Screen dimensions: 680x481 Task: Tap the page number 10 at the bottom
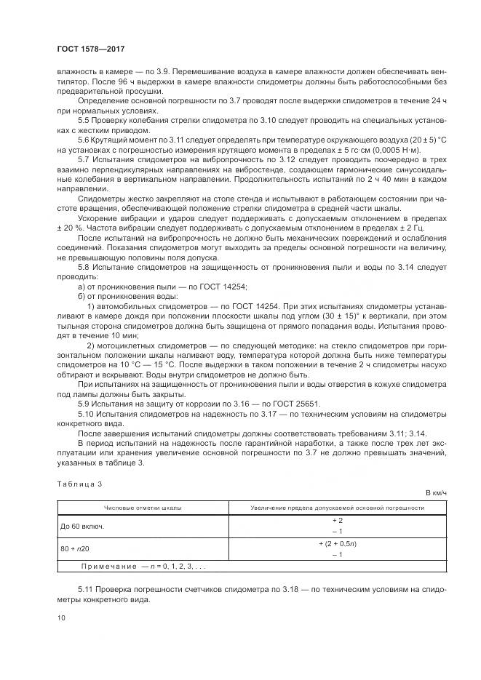point(60,617)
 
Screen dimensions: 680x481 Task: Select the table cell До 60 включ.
point(82,525)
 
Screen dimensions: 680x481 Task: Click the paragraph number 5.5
point(83,119)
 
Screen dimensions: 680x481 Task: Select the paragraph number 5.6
point(83,138)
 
